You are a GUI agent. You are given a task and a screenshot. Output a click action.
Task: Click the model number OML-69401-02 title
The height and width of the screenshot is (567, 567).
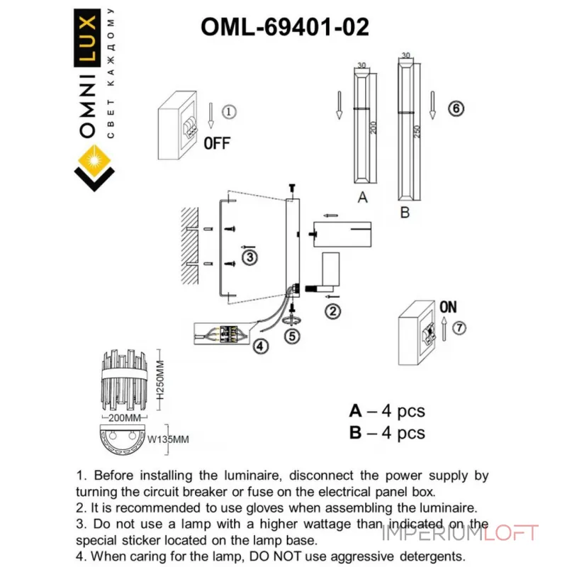pos(285,27)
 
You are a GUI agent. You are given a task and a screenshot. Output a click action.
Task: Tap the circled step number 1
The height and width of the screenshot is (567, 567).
pos(228,112)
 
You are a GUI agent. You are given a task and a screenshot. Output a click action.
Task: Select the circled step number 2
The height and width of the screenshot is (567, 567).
pos(332,310)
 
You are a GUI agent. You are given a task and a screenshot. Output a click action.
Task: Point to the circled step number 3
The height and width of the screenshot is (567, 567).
pos(249,257)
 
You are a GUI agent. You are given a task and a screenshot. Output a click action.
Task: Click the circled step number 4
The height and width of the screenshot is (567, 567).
pos(262,347)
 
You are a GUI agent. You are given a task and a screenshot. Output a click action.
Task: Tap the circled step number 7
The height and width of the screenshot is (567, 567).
pos(461,328)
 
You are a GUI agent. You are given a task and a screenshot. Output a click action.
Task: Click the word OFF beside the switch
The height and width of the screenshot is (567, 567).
pos(217,143)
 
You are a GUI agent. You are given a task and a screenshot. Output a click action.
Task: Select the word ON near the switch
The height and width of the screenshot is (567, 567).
pos(448,308)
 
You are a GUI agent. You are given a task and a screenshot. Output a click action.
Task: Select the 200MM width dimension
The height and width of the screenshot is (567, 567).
pos(128,418)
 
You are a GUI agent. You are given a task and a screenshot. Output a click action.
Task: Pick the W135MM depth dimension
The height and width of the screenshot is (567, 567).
pos(168,439)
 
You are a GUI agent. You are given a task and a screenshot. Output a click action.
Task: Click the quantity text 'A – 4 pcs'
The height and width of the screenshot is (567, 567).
pos(387,411)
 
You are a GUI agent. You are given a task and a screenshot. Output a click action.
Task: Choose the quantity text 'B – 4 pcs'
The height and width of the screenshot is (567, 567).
pos(387,432)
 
